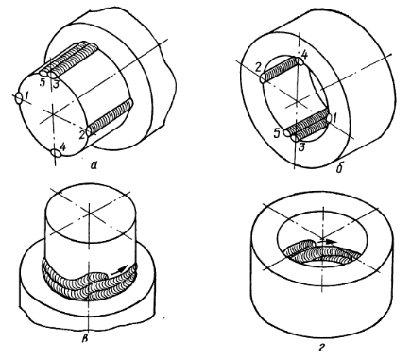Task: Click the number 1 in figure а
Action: pyautogui.click(x=27, y=100)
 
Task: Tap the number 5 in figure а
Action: pyautogui.click(x=43, y=82)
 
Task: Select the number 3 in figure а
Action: pyautogui.click(x=55, y=84)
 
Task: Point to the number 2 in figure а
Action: pyautogui.click(x=81, y=135)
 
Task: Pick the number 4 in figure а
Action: pyautogui.click(x=62, y=147)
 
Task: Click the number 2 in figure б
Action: pyautogui.click(x=259, y=67)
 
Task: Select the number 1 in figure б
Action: pyautogui.click(x=335, y=118)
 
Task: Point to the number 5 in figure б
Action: pyautogui.click(x=276, y=133)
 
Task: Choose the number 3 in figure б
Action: pyautogui.click(x=301, y=146)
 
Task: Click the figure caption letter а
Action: pyautogui.click(x=94, y=164)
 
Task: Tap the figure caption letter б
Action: pyautogui.click(x=339, y=169)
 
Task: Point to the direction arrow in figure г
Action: pyautogui.click(x=327, y=242)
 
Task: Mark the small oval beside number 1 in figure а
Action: pyautogui.click(x=19, y=98)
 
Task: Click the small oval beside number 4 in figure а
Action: pyautogui.click(x=56, y=153)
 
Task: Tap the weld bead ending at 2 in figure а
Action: pyautogui.click(x=110, y=118)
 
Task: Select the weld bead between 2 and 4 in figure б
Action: pyautogui.click(x=282, y=70)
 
